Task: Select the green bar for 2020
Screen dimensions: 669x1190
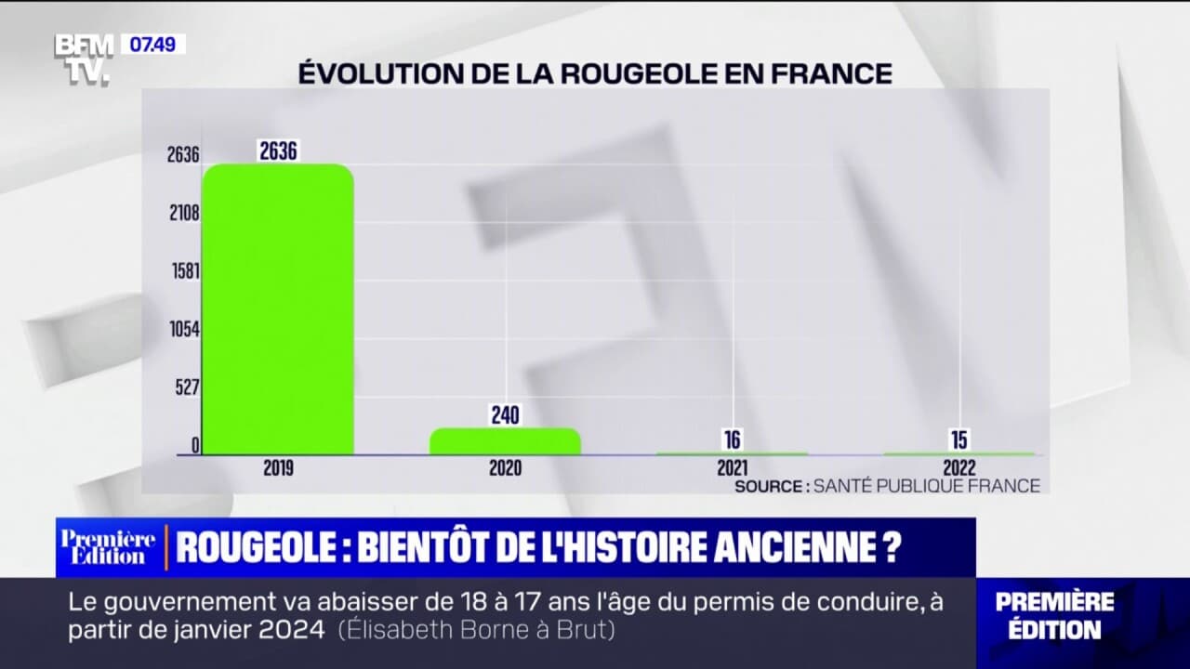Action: [x=505, y=441]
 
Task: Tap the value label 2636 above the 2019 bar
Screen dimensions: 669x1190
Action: [x=278, y=151]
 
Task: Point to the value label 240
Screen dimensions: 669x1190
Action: [x=505, y=415]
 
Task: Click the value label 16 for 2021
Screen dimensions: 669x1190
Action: [x=732, y=440]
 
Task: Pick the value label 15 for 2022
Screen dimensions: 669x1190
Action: [x=959, y=440]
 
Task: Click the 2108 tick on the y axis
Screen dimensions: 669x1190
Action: [x=183, y=213]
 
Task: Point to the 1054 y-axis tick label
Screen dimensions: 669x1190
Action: [x=184, y=329]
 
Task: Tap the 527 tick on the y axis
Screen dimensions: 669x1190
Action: [x=188, y=387]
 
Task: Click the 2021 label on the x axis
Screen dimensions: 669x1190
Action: [x=732, y=467]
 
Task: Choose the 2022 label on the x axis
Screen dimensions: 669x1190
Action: [x=959, y=467]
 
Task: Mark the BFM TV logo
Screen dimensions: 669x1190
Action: [x=84, y=58]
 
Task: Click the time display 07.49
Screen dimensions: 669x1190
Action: [x=152, y=44]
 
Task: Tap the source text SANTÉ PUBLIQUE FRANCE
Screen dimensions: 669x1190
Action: [x=926, y=486]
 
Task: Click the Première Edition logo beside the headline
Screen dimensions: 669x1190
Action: [x=108, y=547]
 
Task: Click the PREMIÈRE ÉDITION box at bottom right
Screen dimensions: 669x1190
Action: [x=1054, y=615]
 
